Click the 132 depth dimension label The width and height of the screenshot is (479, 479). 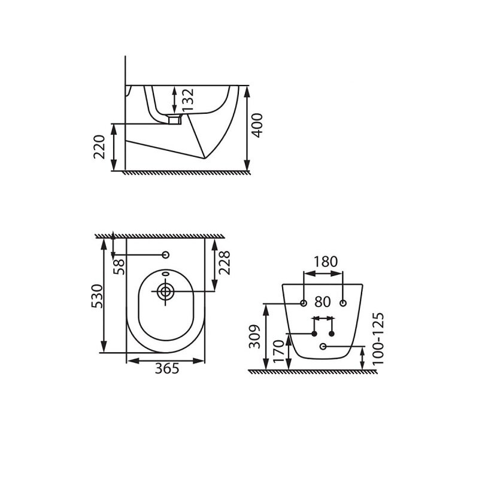click(x=188, y=100)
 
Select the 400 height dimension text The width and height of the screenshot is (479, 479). click(x=257, y=125)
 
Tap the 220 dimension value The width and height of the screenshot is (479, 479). click(x=99, y=147)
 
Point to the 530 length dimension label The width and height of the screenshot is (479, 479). click(x=98, y=296)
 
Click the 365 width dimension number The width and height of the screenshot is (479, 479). click(x=167, y=369)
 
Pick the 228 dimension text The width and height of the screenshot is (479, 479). click(x=224, y=263)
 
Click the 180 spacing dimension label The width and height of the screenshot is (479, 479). click(x=326, y=262)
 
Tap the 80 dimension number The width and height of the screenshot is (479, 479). click(x=323, y=302)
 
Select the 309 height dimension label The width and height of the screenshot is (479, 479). click(x=254, y=336)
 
